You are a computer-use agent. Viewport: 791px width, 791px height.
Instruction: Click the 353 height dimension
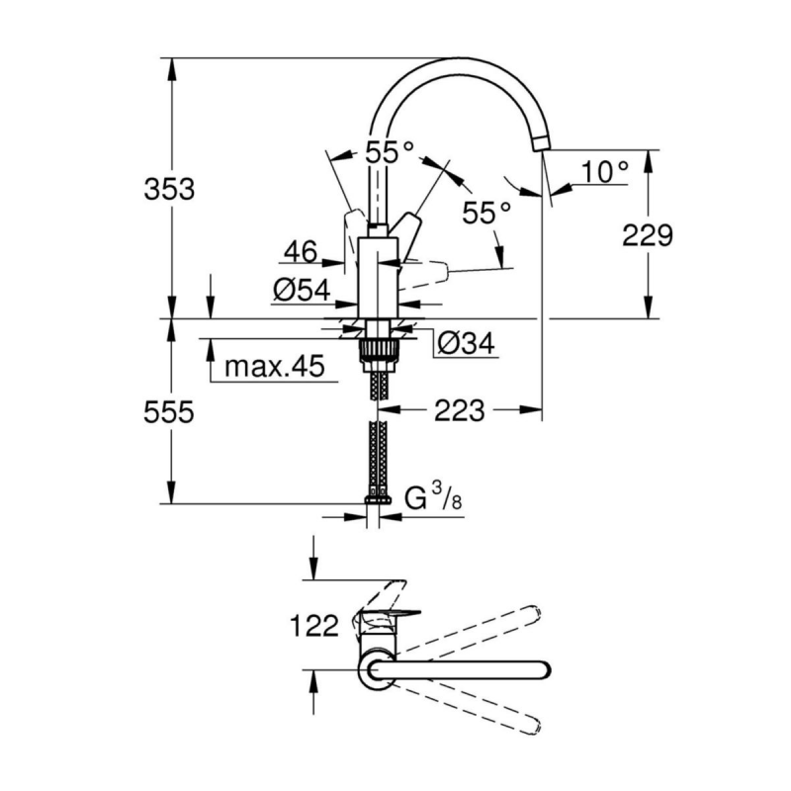169,190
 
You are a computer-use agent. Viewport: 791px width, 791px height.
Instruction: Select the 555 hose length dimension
168,411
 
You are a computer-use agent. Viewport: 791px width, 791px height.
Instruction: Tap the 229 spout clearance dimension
648,235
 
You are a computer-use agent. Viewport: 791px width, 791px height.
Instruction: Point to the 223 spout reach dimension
459,410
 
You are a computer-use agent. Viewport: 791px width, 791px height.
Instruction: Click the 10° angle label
605,171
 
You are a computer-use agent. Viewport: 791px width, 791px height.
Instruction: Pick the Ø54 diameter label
302,290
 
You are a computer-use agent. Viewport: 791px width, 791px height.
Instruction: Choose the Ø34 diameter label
466,343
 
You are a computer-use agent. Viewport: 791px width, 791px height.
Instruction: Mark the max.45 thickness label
275,366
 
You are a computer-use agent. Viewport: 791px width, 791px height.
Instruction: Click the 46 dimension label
301,251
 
